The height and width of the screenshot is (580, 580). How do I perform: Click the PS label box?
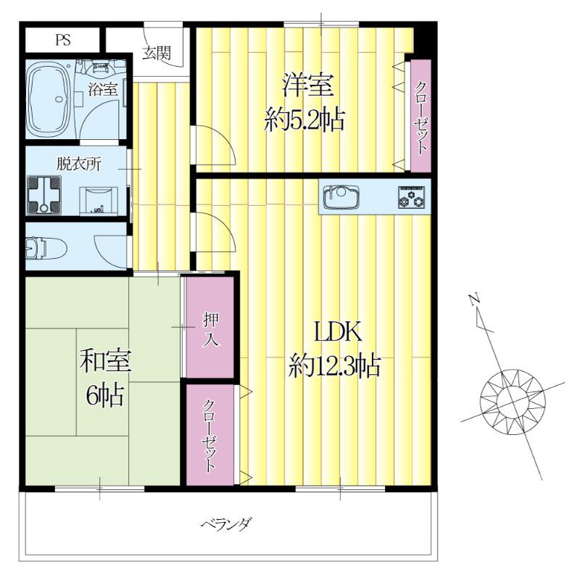click(x=63, y=41)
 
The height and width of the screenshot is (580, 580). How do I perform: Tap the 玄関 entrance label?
click(x=156, y=52)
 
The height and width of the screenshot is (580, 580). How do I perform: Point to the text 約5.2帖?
click(x=304, y=119)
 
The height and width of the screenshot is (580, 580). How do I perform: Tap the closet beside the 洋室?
click(x=420, y=115)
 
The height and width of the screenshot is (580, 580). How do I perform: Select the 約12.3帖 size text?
click(x=335, y=365)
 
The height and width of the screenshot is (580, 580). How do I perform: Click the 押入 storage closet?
click(x=210, y=328)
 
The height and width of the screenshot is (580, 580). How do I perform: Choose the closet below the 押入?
click(x=210, y=435)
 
